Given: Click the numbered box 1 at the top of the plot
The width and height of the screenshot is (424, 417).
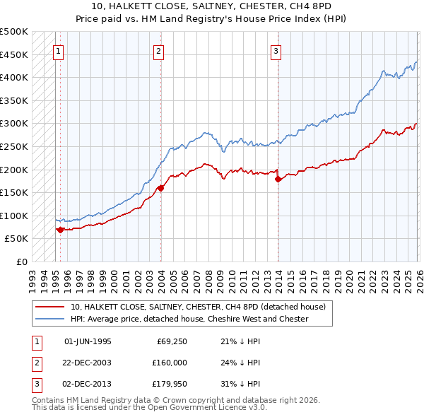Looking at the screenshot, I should (x=57, y=51).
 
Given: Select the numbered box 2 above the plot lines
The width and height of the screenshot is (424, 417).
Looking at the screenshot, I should (x=159, y=51).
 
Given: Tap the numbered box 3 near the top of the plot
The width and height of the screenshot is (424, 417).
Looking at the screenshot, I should (x=276, y=51).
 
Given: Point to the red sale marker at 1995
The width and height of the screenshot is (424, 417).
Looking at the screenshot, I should (x=60, y=229).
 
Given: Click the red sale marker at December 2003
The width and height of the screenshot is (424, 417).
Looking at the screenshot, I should (x=160, y=188).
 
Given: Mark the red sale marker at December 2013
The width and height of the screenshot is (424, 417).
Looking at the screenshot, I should (x=278, y=179).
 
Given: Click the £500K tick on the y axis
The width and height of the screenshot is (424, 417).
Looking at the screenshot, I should (x=14, y=32).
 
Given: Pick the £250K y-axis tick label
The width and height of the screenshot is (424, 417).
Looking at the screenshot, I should (x=14, y=146).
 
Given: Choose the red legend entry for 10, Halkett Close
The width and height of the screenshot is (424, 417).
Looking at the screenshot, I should (x=198, y=307).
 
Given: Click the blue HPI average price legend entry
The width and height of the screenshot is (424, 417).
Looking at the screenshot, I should (x=189, y=319).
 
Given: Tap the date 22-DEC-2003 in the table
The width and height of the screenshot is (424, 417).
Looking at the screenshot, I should (x=88, y=363).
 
